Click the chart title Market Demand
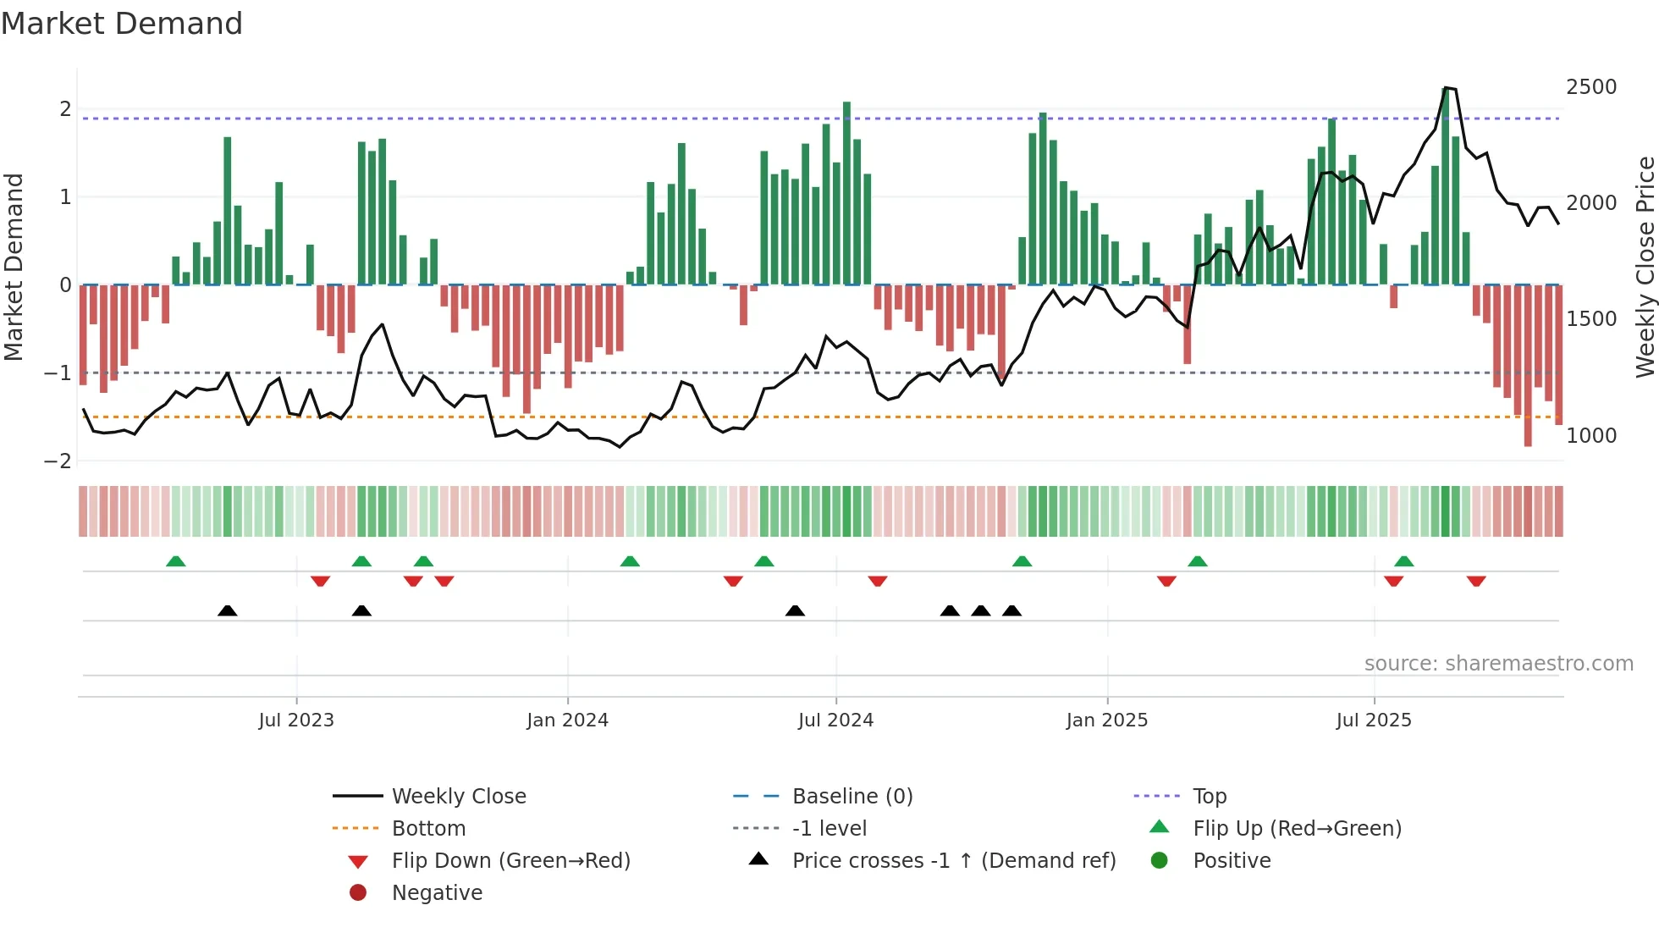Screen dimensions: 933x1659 coord(122,24)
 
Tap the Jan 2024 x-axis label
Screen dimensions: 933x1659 coord(567,720)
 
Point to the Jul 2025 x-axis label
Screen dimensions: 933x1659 coord(1374,720)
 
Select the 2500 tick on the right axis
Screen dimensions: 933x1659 coord(1590,87)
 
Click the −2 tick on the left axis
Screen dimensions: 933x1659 coord(58,461)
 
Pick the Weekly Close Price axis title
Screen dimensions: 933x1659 coord(1645,267)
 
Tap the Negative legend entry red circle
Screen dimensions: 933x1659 coord(358,893)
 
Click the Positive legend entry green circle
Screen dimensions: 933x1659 coord(1160,861)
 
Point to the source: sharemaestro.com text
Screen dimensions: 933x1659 coord(1498,664)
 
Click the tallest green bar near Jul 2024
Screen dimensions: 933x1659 coord(846,193)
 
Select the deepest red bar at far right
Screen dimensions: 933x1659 coord(1528,366)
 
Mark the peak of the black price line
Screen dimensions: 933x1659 coord(1446,87)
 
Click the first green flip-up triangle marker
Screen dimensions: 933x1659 coord(175,561)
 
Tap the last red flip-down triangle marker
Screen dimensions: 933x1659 coord(1476,581)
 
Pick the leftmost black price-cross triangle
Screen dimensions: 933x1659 coord(227,610)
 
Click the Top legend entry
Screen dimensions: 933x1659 coord(1209,797)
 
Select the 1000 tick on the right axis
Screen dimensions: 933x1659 coord(1590,436)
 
